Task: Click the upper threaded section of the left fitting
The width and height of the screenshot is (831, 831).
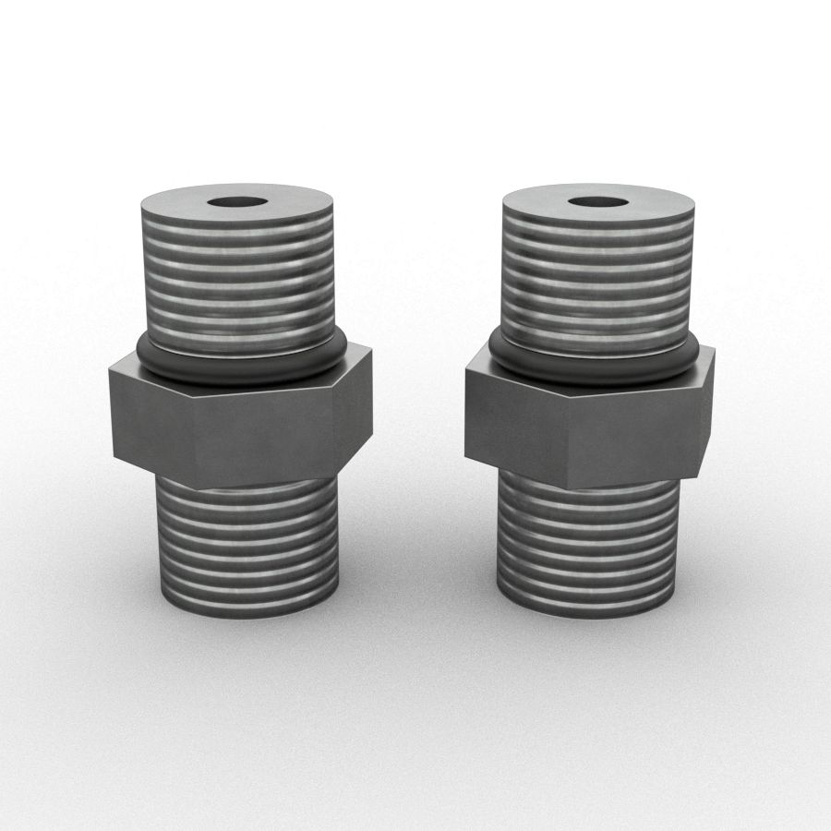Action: point(238,277)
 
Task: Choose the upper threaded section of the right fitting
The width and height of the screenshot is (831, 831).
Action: point(596,277)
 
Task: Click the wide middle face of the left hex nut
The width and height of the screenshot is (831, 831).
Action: point(263,434)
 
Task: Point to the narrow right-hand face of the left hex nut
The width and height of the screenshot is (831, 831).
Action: point(354,411)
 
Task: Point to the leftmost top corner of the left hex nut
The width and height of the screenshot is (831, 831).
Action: point(109,371)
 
